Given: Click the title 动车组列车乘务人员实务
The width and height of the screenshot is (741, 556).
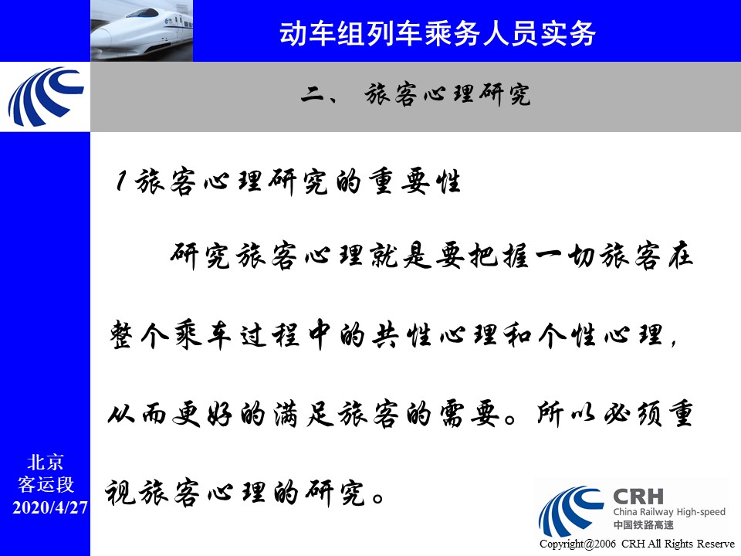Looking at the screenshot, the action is [437, 33].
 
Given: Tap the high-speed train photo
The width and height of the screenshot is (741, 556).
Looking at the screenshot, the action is [141, 31].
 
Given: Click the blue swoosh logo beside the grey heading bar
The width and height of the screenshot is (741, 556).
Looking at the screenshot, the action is [46, 97].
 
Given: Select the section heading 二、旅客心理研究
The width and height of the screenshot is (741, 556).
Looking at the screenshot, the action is [415, 94].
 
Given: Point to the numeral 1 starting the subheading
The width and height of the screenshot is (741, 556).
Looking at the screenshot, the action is [121, 181].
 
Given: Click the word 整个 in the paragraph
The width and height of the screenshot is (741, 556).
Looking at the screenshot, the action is [139, 334].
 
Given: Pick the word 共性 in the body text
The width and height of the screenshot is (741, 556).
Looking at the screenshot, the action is [401, 334].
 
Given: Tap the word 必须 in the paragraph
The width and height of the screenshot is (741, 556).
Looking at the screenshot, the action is [633, 414].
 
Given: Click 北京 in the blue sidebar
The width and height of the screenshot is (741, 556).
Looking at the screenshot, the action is [46, 462].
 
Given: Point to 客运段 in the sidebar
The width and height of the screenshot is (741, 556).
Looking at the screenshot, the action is [46, 484].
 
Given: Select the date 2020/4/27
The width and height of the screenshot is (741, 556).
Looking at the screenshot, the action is [50, 507].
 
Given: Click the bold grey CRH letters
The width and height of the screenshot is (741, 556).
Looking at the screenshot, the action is [638, 497].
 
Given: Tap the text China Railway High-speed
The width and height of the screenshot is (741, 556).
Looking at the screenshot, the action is [669, 511].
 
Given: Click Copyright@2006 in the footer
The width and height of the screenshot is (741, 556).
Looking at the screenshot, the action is [577, 544].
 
